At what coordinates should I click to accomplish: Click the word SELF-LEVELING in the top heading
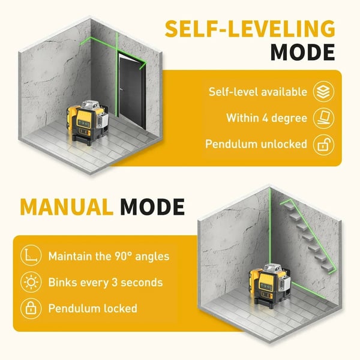tap(250, 29)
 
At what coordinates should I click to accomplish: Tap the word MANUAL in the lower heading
tap(67, 206)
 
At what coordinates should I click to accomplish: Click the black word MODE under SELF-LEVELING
tap(302, 52)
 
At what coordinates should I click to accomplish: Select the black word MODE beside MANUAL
tap(152, 206)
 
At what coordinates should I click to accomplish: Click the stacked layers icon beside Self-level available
tap(323, 91)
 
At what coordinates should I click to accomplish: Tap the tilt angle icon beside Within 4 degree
tap(323, 118)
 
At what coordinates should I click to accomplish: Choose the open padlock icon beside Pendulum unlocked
tap(323, 145)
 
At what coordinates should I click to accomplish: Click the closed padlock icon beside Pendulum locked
tap(31, 308)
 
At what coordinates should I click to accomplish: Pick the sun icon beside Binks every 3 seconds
tap(31, 282)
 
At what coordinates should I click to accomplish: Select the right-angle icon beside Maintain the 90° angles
tap(31, 256)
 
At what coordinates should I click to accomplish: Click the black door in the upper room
tap(132, 92)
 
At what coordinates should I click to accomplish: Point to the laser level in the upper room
tap(87, 122)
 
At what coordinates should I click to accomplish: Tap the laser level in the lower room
tap(270, 286)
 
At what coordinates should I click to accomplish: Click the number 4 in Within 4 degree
tap(266, 118)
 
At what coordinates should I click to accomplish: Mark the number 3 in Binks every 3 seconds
tap(115, 283)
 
